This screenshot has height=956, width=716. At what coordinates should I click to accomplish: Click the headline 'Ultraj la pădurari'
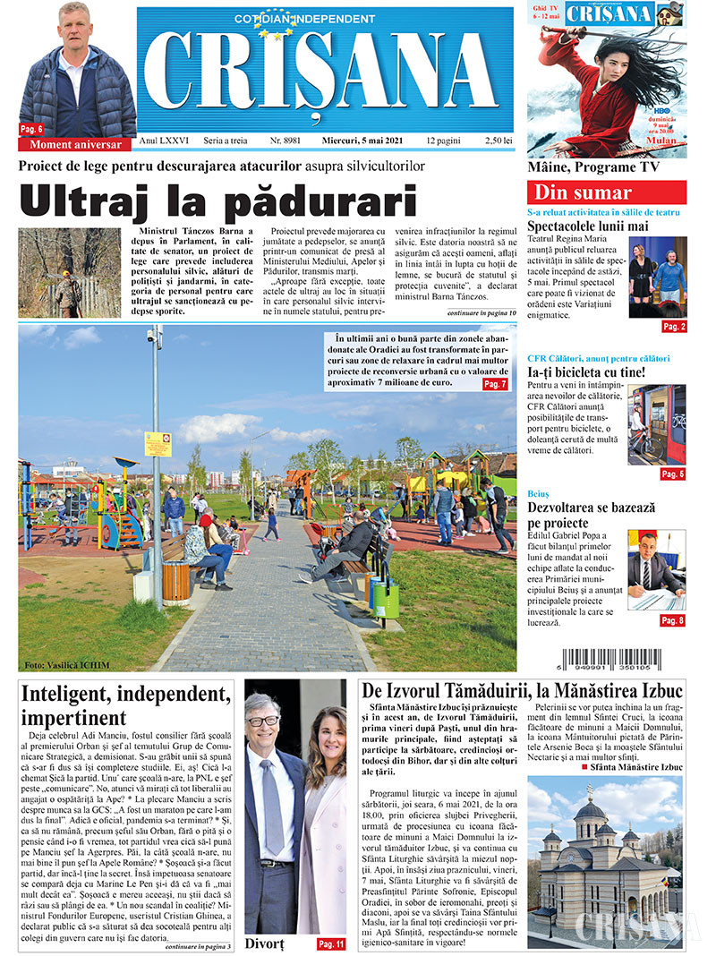(x=218, y=201)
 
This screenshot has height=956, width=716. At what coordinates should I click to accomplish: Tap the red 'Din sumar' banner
(x=607, y=192)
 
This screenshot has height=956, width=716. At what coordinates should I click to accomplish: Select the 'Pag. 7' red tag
(x=495, y=383)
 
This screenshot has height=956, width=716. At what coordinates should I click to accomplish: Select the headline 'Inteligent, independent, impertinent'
(x=121, y=704)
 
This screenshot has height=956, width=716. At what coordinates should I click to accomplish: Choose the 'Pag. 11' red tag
(x=330, y=944)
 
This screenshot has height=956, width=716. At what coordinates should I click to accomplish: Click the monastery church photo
(x=604, y=862)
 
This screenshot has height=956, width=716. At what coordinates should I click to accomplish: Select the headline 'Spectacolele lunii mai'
(x=593, y=226)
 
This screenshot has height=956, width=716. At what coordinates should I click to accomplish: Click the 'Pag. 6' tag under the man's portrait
(x=32, y=129)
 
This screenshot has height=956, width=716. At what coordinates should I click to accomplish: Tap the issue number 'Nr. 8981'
(x=287, y=141)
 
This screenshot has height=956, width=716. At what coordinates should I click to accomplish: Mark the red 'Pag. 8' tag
(x=672, y=619)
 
